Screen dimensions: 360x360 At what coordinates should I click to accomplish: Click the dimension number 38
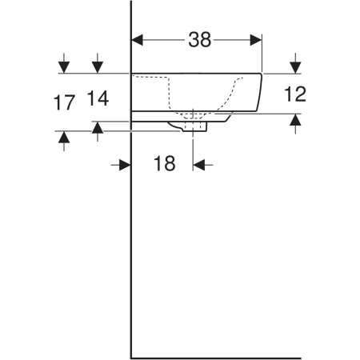coord(200,40)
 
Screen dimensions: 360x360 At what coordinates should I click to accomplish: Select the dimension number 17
coord(64,102)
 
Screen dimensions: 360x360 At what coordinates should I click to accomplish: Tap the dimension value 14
coord(98,98)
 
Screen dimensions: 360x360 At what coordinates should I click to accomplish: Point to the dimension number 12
coord(295,94)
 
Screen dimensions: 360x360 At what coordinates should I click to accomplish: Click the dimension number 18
coord(165,163)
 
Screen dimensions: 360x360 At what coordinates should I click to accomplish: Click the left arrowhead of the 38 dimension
coord(138,40)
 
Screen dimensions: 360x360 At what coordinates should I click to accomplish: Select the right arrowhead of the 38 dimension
coord(256,40)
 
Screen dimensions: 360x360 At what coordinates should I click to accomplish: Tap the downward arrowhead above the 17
coord(64,67)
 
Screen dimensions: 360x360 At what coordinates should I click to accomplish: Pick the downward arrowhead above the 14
coord(98,67)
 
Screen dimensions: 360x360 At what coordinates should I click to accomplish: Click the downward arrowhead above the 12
coord(295,67)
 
